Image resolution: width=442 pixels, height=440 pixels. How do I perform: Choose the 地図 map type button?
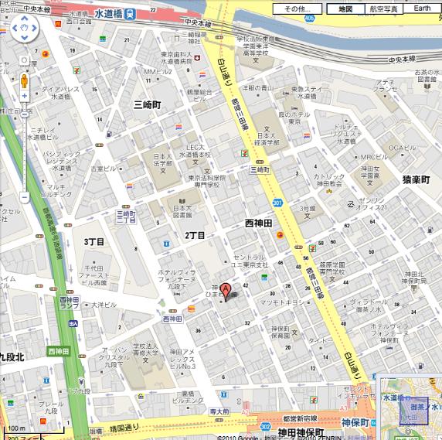(x=345, y=9)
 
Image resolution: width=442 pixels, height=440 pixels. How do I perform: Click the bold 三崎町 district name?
(x=146, y=104)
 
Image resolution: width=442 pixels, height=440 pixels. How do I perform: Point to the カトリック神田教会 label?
(x=328, y=181)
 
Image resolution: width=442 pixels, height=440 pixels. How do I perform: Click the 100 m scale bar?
(x=15, y=429)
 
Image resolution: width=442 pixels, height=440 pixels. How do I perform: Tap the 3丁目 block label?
(x=93, y=242)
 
